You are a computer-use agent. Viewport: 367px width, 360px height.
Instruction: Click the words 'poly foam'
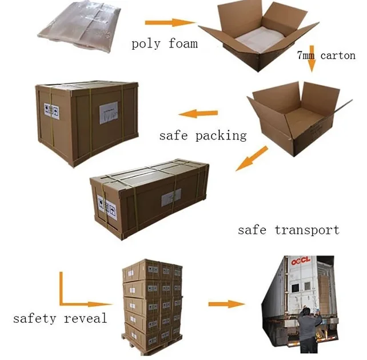[x=165, y=43]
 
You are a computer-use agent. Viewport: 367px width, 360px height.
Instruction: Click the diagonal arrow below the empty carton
[x=252, y=158]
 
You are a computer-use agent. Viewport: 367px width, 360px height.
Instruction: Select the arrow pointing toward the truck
[x=226, y=303]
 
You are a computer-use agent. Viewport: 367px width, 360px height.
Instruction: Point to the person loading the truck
[x=309, y=331]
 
